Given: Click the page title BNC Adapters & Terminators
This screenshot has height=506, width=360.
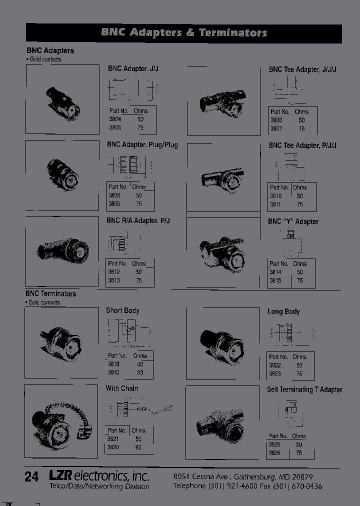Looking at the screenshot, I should point(184,33).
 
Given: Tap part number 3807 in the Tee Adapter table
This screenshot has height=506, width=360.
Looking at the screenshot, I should point(276,128).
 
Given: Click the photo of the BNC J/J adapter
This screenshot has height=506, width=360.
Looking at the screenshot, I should point(62,99).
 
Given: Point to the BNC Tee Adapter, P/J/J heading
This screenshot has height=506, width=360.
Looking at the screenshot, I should point(302,145).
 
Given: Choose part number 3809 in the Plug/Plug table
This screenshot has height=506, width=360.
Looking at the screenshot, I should point(114,204).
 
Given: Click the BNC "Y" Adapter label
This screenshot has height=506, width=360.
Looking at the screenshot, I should point(293,221).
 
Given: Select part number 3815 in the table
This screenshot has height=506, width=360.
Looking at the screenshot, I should point(275,280).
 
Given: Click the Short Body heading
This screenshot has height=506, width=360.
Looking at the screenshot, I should point(122,310).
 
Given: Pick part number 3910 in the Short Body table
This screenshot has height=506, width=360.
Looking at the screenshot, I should point(114,373).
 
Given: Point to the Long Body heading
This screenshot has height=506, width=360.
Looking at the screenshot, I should point(283,311).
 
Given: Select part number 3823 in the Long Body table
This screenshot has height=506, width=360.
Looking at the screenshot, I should point(274,373).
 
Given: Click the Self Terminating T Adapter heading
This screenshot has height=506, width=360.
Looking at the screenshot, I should point(304,389).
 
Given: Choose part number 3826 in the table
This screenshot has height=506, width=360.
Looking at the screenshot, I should point(274,452).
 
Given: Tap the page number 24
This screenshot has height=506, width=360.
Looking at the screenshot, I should point(31,477).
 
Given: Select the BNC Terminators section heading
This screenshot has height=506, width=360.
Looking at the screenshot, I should point(51,294).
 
